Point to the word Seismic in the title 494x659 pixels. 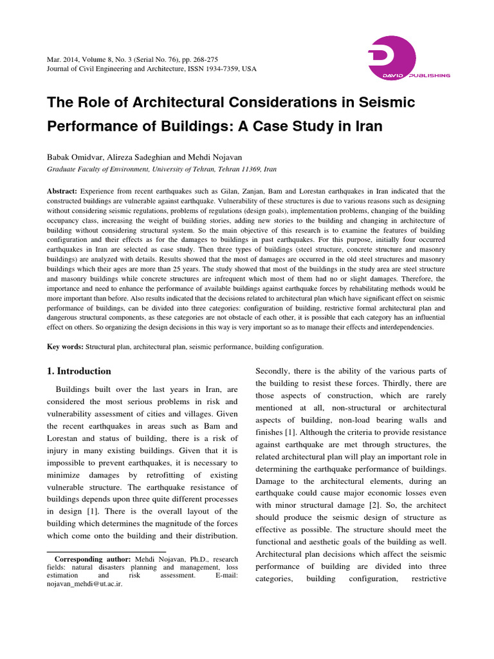click(x=376, y=103)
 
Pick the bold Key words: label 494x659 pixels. click(x=65, y=347)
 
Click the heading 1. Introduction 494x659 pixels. click(x=80, y=371)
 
